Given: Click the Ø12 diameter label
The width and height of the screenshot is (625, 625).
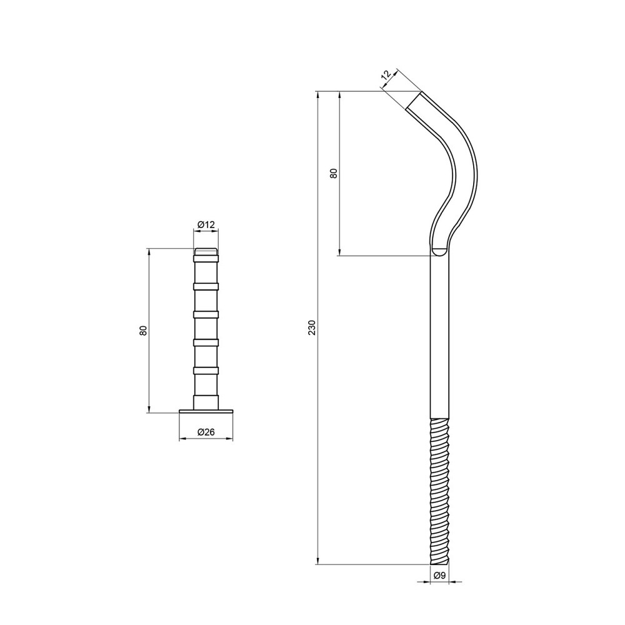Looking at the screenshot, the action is coord(206,225).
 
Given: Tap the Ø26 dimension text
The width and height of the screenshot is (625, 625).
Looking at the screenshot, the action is coord(206,432).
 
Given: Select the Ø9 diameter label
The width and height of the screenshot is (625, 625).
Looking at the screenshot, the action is coord(439,575).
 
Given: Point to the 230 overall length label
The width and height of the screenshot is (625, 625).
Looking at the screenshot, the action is coord(312,327).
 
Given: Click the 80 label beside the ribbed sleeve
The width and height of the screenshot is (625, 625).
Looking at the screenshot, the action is coord(144,331).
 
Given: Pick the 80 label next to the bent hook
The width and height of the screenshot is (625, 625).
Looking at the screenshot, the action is coord(334,173).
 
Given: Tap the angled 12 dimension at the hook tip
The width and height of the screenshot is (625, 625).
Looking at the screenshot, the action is coord(386,76).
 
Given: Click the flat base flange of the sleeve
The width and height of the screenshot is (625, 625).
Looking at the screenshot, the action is coord(206,411).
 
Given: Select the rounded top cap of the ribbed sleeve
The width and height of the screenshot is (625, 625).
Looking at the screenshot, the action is coord(206,251).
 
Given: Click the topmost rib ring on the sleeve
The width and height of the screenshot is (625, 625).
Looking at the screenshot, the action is coord(206,259).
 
